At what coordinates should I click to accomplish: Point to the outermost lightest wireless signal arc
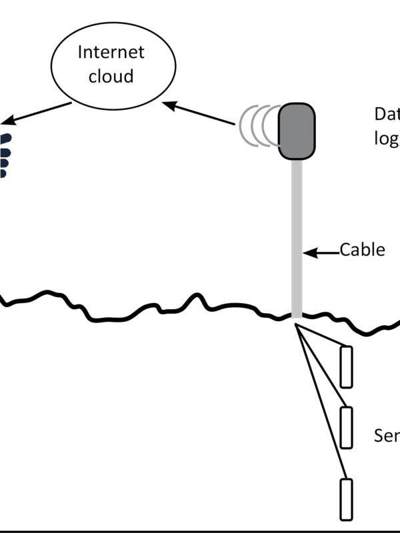245,125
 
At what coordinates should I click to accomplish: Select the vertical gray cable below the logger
297,233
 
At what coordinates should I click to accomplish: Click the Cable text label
363,250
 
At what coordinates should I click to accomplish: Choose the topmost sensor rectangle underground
346,366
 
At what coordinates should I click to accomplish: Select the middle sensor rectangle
346,427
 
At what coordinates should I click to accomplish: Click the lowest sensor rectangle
346,499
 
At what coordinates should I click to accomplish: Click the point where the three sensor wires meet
295,324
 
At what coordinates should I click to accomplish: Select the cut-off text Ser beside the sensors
387,436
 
